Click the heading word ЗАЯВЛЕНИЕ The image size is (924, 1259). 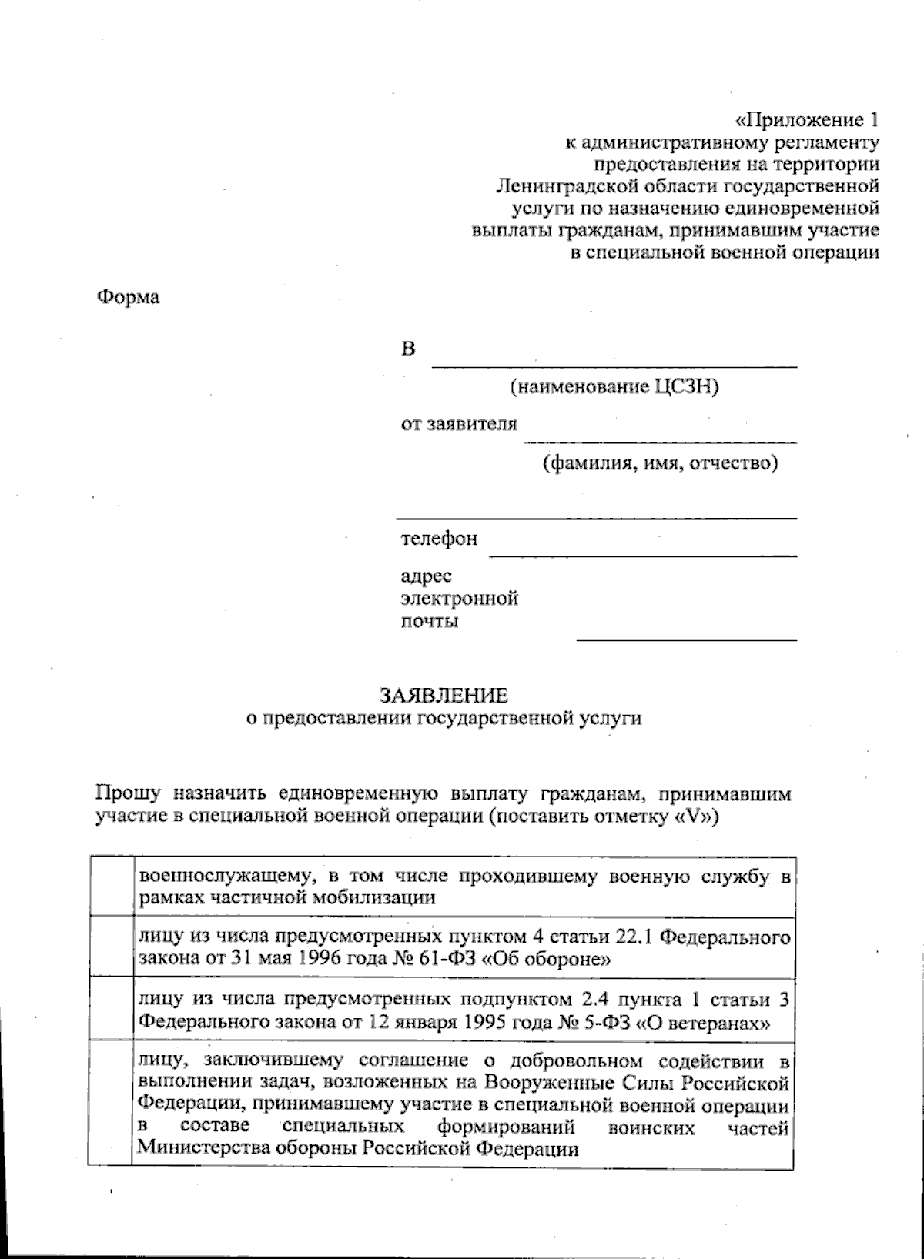coord(444,696)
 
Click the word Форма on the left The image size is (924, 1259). coord(128,297)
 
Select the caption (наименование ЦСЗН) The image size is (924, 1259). coord(614,387)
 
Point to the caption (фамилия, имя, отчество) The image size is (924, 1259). coord(660,463)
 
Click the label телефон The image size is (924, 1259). coord(438,539)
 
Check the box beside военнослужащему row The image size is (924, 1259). coord(111,886)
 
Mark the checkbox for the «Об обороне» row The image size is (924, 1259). coord(111,947)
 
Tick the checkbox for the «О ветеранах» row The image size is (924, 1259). coord(111,1010)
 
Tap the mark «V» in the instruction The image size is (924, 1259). coord(694,817)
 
